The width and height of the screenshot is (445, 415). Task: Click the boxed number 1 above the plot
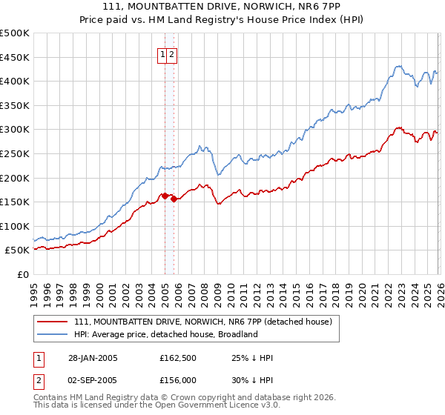pos(161,54)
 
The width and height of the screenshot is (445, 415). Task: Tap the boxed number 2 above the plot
pos(171,54)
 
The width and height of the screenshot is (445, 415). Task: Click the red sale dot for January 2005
pos(165,196)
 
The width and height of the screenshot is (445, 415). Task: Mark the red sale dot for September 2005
pos(173,199)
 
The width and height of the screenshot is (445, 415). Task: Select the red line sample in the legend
pos(52,321)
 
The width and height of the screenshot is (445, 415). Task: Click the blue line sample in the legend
pos(52,334)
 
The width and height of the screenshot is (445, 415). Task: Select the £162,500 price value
pos(178,358)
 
